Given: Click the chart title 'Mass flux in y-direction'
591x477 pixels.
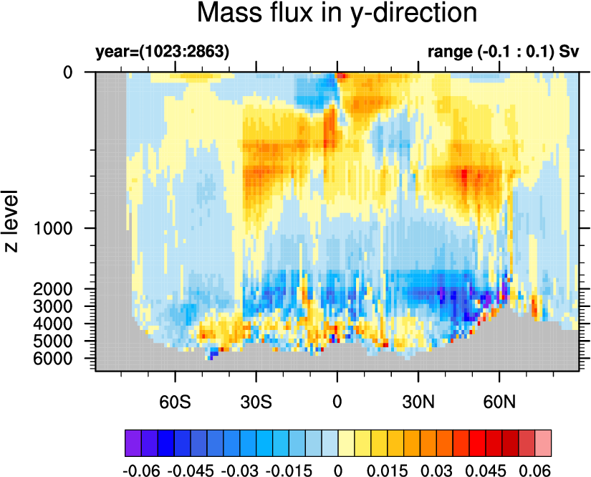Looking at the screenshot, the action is [337, 14].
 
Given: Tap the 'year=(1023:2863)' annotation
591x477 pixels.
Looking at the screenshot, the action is [163, 52].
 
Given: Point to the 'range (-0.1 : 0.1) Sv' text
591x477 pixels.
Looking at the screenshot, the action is [503, 52].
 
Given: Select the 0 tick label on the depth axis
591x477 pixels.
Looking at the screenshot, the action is [68, 72].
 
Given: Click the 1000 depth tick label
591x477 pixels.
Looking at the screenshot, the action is [53, 228].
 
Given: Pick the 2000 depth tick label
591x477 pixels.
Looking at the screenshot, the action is [53, 289].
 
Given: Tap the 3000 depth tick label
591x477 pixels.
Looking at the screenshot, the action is [53, 306].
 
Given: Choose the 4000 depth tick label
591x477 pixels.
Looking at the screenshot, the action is [53, 323].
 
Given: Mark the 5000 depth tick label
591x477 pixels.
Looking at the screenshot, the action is [53, 341].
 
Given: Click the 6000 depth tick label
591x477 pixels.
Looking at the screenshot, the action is [53, 359].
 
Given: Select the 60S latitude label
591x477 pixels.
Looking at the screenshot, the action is [175, 402].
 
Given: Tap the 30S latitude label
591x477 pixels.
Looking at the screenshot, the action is [256, 402].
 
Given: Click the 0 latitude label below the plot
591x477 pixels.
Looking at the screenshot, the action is [337, 402].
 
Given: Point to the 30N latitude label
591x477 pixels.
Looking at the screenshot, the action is [418, 402].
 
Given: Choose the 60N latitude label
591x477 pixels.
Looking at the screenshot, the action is [499, 402].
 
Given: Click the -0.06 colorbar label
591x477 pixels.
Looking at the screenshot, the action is [141, 471].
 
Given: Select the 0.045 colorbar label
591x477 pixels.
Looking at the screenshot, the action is [486, 471].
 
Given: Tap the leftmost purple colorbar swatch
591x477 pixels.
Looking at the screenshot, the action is [133, 443].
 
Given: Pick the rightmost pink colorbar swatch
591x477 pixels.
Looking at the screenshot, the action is [543, 443].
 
